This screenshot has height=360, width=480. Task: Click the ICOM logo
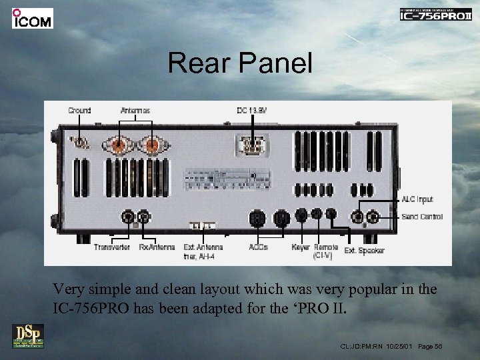click(32, 18)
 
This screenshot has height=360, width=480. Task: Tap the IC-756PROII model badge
click(435, 15)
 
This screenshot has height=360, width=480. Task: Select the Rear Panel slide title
click(240, 63)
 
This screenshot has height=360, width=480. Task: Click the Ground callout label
click(79, 110)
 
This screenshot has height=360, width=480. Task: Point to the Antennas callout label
click(135, 110)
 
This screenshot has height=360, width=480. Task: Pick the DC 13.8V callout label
click(251, 110)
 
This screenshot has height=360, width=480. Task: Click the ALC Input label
click(417, 199)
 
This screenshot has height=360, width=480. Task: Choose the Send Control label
click(422, 217)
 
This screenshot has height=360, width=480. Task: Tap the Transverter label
click(112, 247)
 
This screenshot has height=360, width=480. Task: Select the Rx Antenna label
click(157, 247)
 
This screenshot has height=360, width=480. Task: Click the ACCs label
click(259, 247)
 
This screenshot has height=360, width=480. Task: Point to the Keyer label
click(301, 247)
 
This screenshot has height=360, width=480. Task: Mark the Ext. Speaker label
click(364, 251)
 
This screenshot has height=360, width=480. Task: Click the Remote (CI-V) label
click(325, 251)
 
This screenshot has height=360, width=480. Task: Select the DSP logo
click(27, 336)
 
